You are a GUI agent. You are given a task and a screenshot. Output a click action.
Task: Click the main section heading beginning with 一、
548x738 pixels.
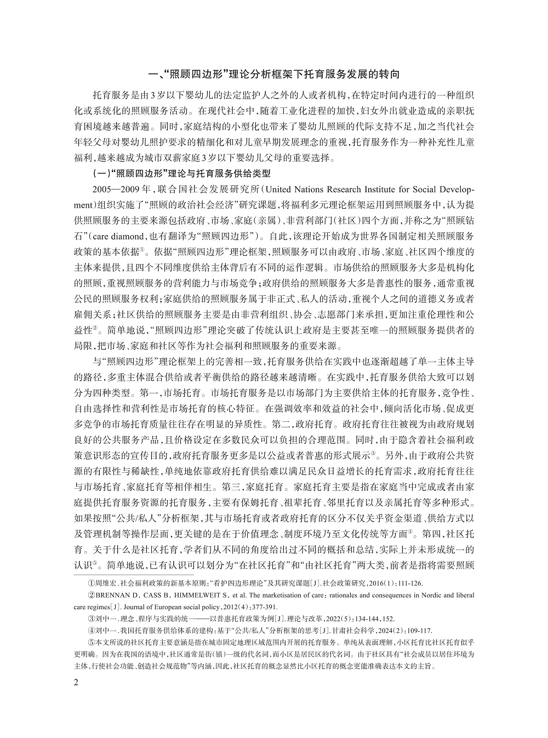(x=274, y=73)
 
